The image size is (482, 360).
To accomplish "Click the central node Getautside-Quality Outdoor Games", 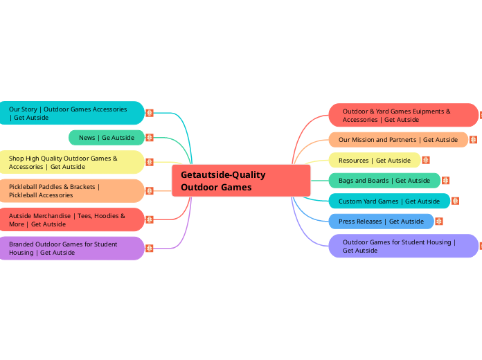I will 241,181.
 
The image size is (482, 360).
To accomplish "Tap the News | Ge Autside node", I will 107,138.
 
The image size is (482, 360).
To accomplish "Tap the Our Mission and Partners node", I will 398,140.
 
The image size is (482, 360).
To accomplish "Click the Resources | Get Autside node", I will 374,161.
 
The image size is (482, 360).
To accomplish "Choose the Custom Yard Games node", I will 389,201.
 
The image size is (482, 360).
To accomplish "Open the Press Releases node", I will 381,222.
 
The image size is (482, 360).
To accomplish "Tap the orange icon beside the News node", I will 150,138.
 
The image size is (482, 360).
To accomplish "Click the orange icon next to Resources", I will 426,161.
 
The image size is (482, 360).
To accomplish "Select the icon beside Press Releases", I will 438,222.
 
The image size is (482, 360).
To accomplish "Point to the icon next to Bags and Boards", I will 445,181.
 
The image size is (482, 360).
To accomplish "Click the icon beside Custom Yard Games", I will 456,201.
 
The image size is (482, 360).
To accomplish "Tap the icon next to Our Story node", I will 150,113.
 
